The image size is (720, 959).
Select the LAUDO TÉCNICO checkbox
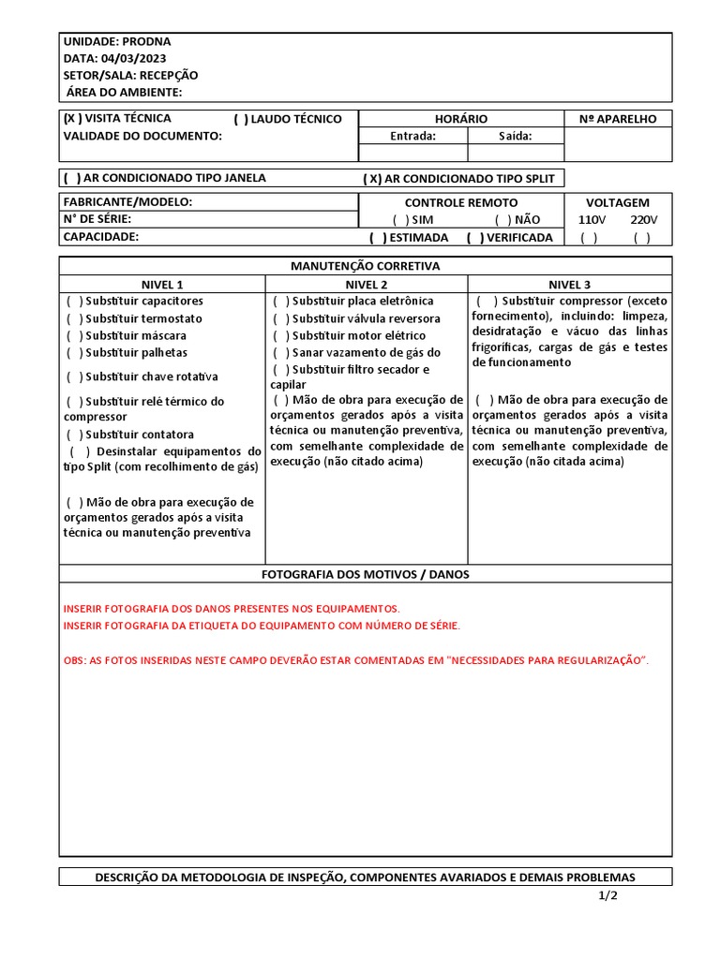[x=241, y=119]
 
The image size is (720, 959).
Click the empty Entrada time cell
[x=412, y=153]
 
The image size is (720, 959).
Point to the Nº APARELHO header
[x=618, y=119]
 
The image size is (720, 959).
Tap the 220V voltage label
[x=643, y=219]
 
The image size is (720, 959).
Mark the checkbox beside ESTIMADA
[x=377, y=237]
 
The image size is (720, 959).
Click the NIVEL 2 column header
[x=367, y=284]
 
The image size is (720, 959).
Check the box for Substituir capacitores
[x=74, y=301]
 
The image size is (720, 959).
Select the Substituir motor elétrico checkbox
[x=280, y=335]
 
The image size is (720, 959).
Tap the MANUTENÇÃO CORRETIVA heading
[x=365, y=266]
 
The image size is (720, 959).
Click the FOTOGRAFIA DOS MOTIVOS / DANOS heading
[x=365, y=573]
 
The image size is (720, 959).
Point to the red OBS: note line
[x=355, y=660]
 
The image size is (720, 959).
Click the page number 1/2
[x=608, y=895]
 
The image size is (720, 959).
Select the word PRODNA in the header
[x=147, y=41]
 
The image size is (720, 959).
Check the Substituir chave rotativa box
[x=74, y=376]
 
